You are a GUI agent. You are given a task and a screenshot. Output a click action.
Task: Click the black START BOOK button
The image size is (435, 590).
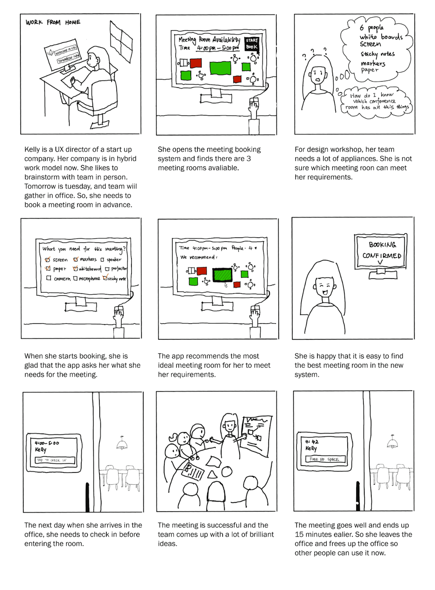pyautogui.click(x=252, y=44)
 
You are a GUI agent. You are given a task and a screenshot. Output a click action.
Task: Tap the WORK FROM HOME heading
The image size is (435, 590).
pyautogui.click(x=53, y=22)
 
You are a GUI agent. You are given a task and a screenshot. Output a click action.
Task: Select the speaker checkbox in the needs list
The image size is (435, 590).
pyautogui.click(x=102, y=260)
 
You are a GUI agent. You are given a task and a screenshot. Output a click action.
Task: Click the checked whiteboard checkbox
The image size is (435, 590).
pyautogui.click(x=75, y=268)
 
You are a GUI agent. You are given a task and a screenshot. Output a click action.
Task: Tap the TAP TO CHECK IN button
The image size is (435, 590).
pyautogui.click(x=55, y=460)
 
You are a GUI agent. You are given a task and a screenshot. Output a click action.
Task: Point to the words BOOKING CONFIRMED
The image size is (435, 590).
pyautogui.click(x=382, y=250)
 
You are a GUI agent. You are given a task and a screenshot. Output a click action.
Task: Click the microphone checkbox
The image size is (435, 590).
pyautogui.click(x=75, y=278)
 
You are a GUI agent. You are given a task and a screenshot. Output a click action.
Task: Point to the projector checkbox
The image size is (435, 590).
pyautogui.click(x=107, y=269)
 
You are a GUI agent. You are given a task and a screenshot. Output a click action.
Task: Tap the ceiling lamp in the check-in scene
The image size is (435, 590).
pyautogui.click(x=122, y=443)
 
